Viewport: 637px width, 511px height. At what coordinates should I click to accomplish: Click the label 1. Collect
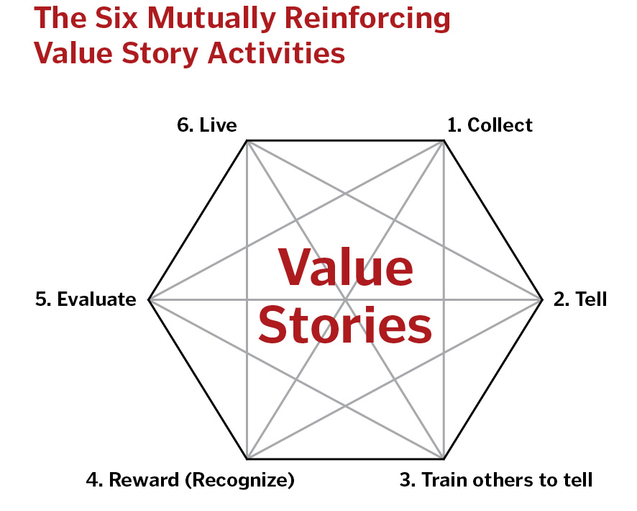(490, 125)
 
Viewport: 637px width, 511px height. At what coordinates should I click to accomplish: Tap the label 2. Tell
(580, 299)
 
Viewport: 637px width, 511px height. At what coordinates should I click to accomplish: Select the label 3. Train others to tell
(496, 479)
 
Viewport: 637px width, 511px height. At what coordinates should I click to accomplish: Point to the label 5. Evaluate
(86, 299)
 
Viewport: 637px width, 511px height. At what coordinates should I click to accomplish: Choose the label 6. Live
(207, 125)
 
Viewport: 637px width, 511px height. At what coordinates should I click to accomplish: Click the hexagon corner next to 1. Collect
(444, 141)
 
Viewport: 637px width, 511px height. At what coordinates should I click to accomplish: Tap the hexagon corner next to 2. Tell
(541, 299)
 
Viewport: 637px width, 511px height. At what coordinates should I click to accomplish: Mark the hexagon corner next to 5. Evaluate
(149, 299)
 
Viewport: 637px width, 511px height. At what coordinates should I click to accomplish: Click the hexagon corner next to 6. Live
(247, 141)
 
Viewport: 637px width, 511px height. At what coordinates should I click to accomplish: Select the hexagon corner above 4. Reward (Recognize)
(247, 458)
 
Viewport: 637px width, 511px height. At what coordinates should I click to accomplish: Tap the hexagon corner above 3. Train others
(444, 458)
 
